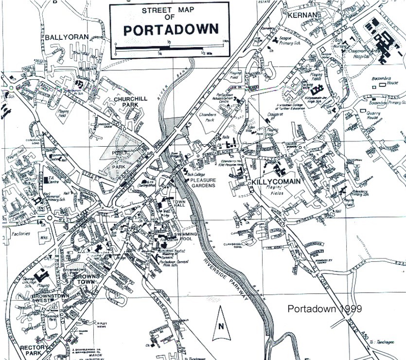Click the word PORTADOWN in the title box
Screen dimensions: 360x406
pyautogui.click(x=169, y=30)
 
